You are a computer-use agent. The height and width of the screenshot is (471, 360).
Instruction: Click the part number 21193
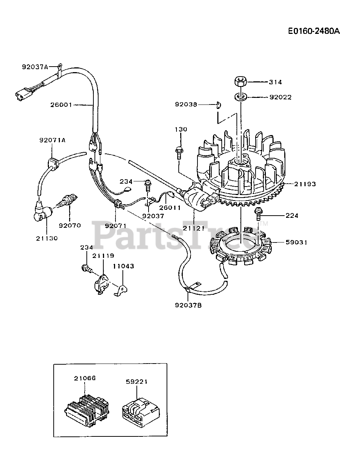(305, 184)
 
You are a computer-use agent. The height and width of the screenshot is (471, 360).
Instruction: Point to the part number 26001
(61, 105)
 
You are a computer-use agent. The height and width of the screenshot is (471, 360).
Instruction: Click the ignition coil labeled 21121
(199, 199)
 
